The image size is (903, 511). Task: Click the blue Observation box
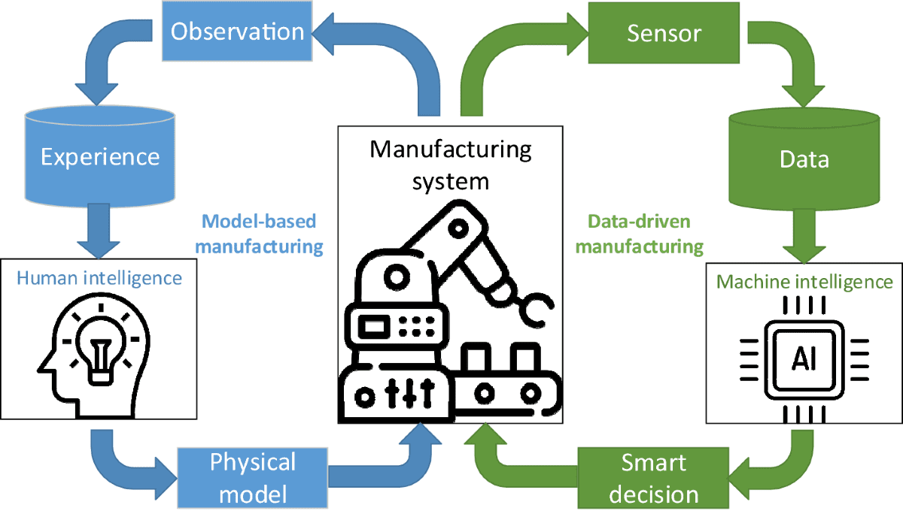tap(236, 32)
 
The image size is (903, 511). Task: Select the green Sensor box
tap(663, 34)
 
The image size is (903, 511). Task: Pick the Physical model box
tap(253, 476)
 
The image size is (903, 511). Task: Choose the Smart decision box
tap(653, 478)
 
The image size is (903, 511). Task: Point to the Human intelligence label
tap(99, 279)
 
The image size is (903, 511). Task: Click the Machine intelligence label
tap(804, 283)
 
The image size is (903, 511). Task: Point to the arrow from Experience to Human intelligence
tap(99, 229)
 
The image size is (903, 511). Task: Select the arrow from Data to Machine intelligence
tap(803, 233)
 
